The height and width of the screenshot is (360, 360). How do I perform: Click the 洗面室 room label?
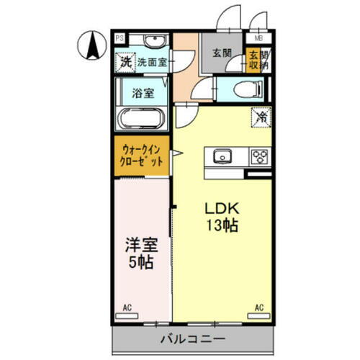(152, 63)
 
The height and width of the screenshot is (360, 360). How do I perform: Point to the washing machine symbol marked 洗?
(125, 63)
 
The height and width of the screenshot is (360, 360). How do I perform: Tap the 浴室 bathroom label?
(142, 92)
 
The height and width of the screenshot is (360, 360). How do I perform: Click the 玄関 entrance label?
(220, 52)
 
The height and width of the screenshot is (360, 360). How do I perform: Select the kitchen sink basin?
(222, 155)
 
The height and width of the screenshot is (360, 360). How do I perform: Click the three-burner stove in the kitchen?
(258, 156)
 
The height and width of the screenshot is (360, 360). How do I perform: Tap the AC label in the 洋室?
(127, 308)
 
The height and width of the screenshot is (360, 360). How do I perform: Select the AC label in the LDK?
(258, 308)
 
